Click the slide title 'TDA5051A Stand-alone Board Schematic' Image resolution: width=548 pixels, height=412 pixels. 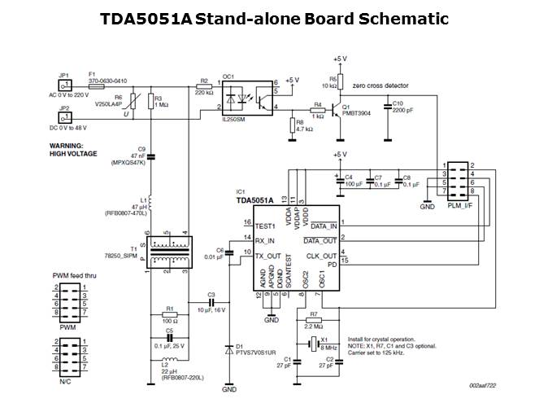(x=274, y=18)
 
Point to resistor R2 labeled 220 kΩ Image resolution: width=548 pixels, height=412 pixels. (x=204, y=85)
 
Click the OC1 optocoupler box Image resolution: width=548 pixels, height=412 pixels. (x=250, y=97)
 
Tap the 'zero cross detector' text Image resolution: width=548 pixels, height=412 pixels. (x=381, y=84)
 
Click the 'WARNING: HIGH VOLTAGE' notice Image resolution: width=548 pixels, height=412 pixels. (x=73, y=150)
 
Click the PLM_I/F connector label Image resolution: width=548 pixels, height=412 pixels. (x=459, y=206)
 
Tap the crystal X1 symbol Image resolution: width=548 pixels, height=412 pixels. (x=311, y=343)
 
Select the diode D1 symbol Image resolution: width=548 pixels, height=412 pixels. (x=229, y=350)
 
